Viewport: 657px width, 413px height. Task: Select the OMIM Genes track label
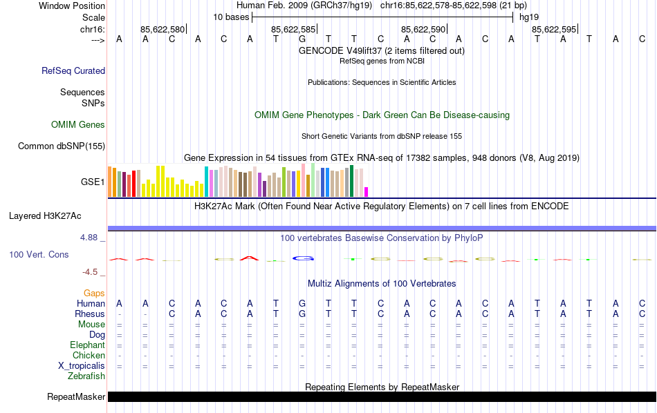coord(77,125)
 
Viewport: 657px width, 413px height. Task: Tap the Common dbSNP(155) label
coord(62,146)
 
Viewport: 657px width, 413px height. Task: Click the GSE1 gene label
coord(93,182)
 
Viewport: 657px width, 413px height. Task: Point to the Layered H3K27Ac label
coord(45,215)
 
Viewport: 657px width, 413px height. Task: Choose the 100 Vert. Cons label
coord(39,254)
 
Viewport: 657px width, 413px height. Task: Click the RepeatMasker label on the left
coord(76,397)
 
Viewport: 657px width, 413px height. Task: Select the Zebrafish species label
coord(86,376)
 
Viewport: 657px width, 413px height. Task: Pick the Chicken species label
coord(89,356)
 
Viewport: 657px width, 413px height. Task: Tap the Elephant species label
coord(87,345)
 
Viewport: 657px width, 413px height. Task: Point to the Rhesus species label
coord(89,314)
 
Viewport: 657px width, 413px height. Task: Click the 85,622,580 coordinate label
coord(163,30)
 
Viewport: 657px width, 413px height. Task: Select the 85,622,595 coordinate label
coord(554,30)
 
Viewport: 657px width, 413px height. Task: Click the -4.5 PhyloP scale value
coord(92,272)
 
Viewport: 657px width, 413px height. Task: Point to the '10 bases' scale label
coord(230,17)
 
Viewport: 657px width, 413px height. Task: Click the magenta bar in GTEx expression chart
coord(367,192)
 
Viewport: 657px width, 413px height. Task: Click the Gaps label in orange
coord(94,294)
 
